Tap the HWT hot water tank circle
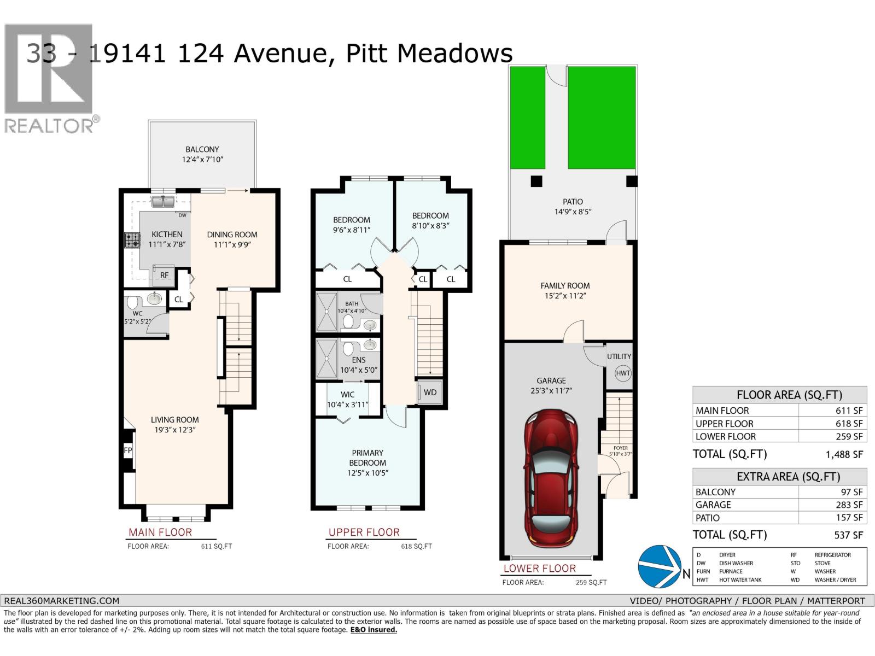(x=623, y=373)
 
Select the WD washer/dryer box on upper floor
(x=430, y=392)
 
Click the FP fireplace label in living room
(x=128, y=450)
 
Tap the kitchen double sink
(x=163, y=202)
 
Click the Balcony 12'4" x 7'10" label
(x=202, y=154)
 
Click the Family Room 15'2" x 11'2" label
(x=565, y=290)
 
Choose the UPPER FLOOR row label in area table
(x=724, y=424)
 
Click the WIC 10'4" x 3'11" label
(x=348, y=399)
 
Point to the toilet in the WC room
(x=133, y=302)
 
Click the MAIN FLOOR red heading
(x=160, y=532)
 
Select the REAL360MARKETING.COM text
(x=61, y=600)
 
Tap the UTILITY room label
(x=619, y=356)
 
